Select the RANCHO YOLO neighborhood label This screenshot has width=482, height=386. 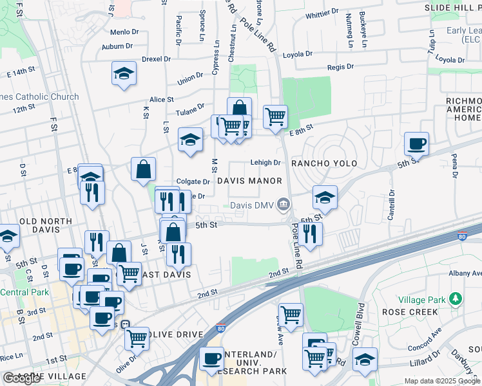[324, 163]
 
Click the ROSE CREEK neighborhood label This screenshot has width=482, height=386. [410, 312]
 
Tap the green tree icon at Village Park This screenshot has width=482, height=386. [456, 299]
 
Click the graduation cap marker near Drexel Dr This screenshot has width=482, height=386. [124, 74]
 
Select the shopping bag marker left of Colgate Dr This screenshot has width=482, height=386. [143, 170]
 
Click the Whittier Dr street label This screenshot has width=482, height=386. [323, 13]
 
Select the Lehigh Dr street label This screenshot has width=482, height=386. [265, 163]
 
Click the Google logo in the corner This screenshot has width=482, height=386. [21, 378]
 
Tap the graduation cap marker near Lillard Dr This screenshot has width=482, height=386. [364, 360]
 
